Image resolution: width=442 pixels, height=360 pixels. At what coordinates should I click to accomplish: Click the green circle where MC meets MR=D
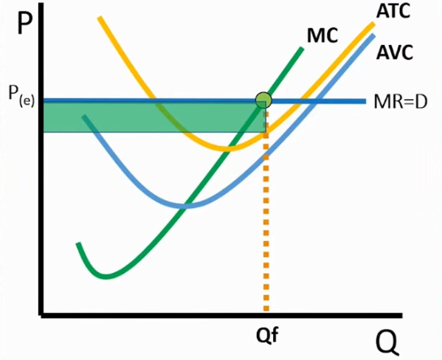[263, 100]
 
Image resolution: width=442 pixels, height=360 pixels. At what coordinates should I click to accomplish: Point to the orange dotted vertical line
[266, 221]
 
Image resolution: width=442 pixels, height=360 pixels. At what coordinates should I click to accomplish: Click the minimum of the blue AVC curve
[186, 206]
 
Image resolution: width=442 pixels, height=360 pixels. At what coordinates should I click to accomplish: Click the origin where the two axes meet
[43, 314]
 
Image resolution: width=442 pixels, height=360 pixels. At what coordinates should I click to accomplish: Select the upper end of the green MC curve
[302, 49]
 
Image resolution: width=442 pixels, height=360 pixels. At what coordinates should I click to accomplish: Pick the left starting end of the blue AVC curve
[84, 117]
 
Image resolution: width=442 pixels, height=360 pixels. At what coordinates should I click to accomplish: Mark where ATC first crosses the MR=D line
[153, 100]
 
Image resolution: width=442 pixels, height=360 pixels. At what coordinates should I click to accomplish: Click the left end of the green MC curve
[77, 244]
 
